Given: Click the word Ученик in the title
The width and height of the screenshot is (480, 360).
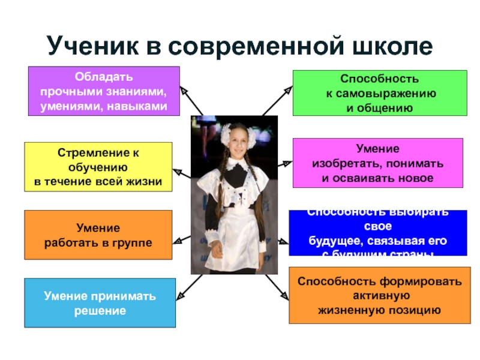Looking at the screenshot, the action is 91,46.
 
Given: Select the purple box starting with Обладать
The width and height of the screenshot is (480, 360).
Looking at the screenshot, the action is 104,91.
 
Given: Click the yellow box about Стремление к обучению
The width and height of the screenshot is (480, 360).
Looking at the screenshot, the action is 98,167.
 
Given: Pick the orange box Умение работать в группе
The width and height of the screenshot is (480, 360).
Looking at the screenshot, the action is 98,235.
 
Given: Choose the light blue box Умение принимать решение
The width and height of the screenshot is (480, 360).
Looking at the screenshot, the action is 100,303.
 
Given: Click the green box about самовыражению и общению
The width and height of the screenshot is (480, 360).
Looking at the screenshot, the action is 379,92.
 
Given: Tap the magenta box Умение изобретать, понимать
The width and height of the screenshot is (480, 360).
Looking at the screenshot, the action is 377,163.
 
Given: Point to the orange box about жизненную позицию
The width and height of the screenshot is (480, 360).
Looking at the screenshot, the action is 379,295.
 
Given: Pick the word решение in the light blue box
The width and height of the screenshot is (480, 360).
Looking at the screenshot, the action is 100,311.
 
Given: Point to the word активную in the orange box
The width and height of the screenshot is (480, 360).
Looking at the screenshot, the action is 380,295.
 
